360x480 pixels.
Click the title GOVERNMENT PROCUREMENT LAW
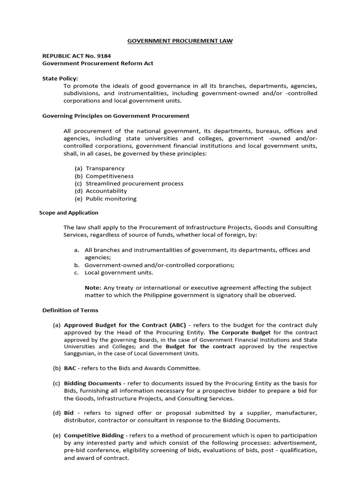point(180,41)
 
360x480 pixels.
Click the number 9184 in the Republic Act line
point(102,56)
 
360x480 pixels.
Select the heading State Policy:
point(60,78)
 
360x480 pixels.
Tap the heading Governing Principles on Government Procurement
point(116,116)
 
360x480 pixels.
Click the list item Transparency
point(105,168)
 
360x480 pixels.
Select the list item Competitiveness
point(109,176)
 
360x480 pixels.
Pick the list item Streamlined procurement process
point(134,183)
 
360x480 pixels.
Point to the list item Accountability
point(106,191)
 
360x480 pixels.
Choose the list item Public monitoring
point(111,198)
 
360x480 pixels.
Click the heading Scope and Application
point(68,212)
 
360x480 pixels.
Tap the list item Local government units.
point(119,272)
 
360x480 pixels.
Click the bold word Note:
point(92,287)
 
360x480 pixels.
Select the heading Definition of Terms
point(70,310)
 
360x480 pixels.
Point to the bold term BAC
point(70,368)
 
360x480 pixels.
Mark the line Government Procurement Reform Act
point(98,63)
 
